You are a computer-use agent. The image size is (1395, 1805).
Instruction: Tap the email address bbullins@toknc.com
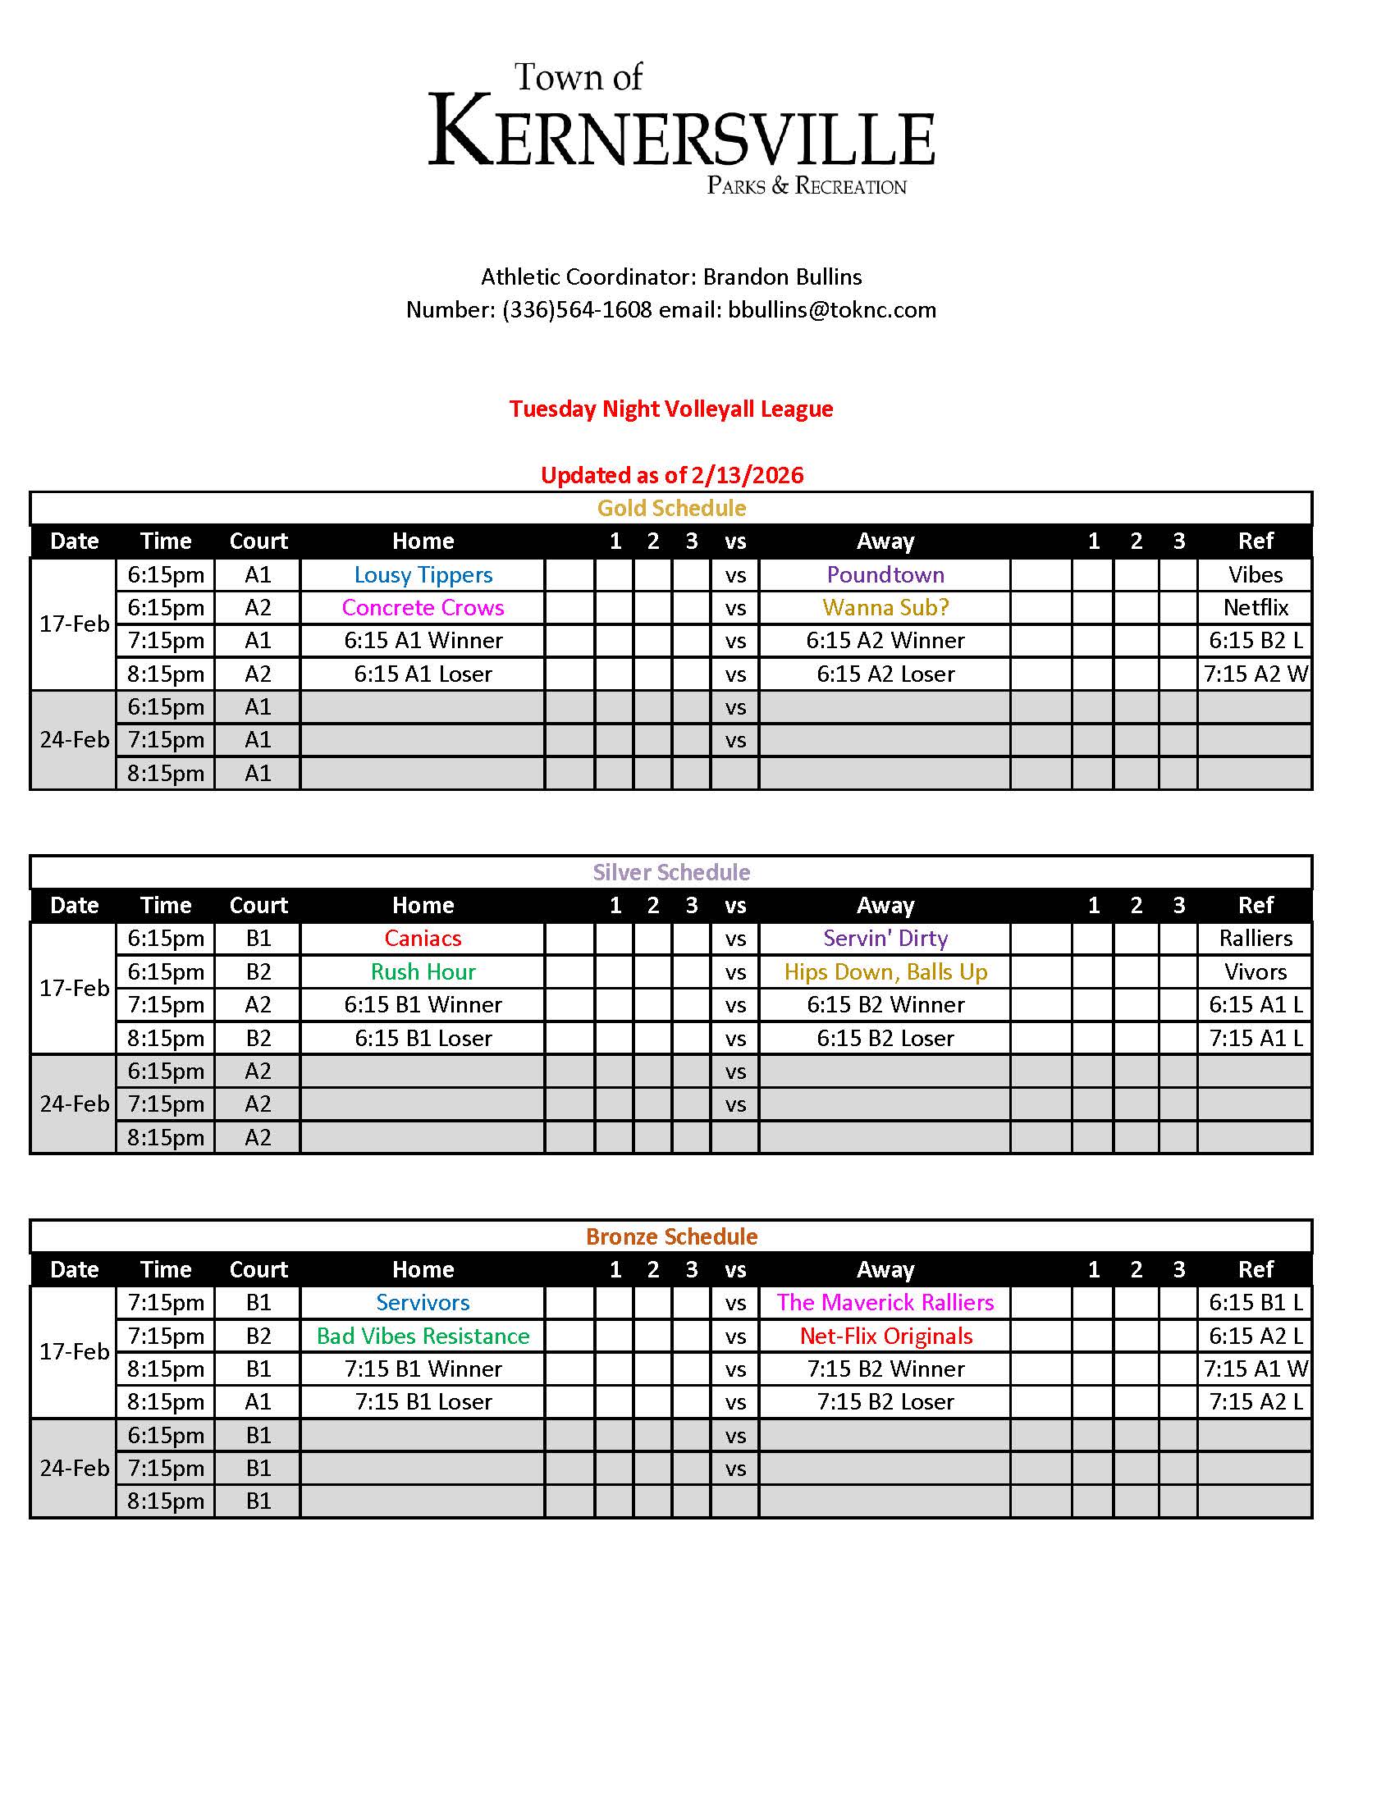tap(831, 310)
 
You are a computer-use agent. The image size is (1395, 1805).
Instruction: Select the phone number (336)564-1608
tap(577, 310)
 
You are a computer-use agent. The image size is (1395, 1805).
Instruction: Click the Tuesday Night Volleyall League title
tap(671, 409)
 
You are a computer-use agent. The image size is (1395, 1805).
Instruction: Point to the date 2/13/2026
tap(747, 475)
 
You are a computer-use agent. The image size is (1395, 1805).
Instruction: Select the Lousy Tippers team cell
tap(423, 575)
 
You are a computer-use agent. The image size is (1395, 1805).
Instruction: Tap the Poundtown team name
tap(885, 575)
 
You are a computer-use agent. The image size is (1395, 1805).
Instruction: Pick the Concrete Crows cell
tap(423, 608)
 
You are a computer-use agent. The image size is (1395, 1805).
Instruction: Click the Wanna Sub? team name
tap(885, 608)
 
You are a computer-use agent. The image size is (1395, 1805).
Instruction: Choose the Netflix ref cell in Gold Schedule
tap(1255, 608)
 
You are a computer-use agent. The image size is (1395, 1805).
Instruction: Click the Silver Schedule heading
tap(671, 873)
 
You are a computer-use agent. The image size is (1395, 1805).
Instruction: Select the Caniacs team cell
tap(423, 939)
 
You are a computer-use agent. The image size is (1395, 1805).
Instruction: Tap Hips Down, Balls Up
tap(885, 972)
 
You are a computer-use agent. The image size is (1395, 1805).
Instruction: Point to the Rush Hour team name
tap(423, 972)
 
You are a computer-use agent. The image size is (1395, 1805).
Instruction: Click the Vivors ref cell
tap(1255, 972)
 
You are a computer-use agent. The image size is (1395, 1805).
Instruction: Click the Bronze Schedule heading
tap(671, 1237)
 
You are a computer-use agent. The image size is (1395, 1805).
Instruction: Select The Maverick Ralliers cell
tap(885, 1304)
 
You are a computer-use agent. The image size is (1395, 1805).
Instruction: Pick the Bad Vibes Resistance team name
tap(423, 1337)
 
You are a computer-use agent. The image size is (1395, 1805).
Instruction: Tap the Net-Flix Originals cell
tap(885, 1337)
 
